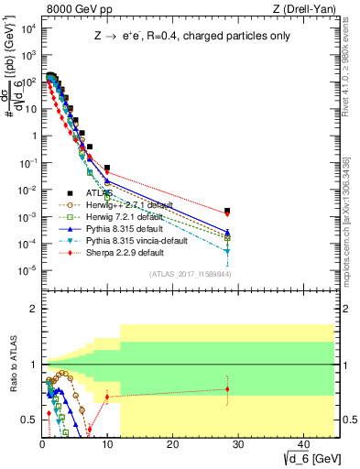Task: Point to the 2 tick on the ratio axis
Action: pyautogui.click(x=32, y=308)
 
